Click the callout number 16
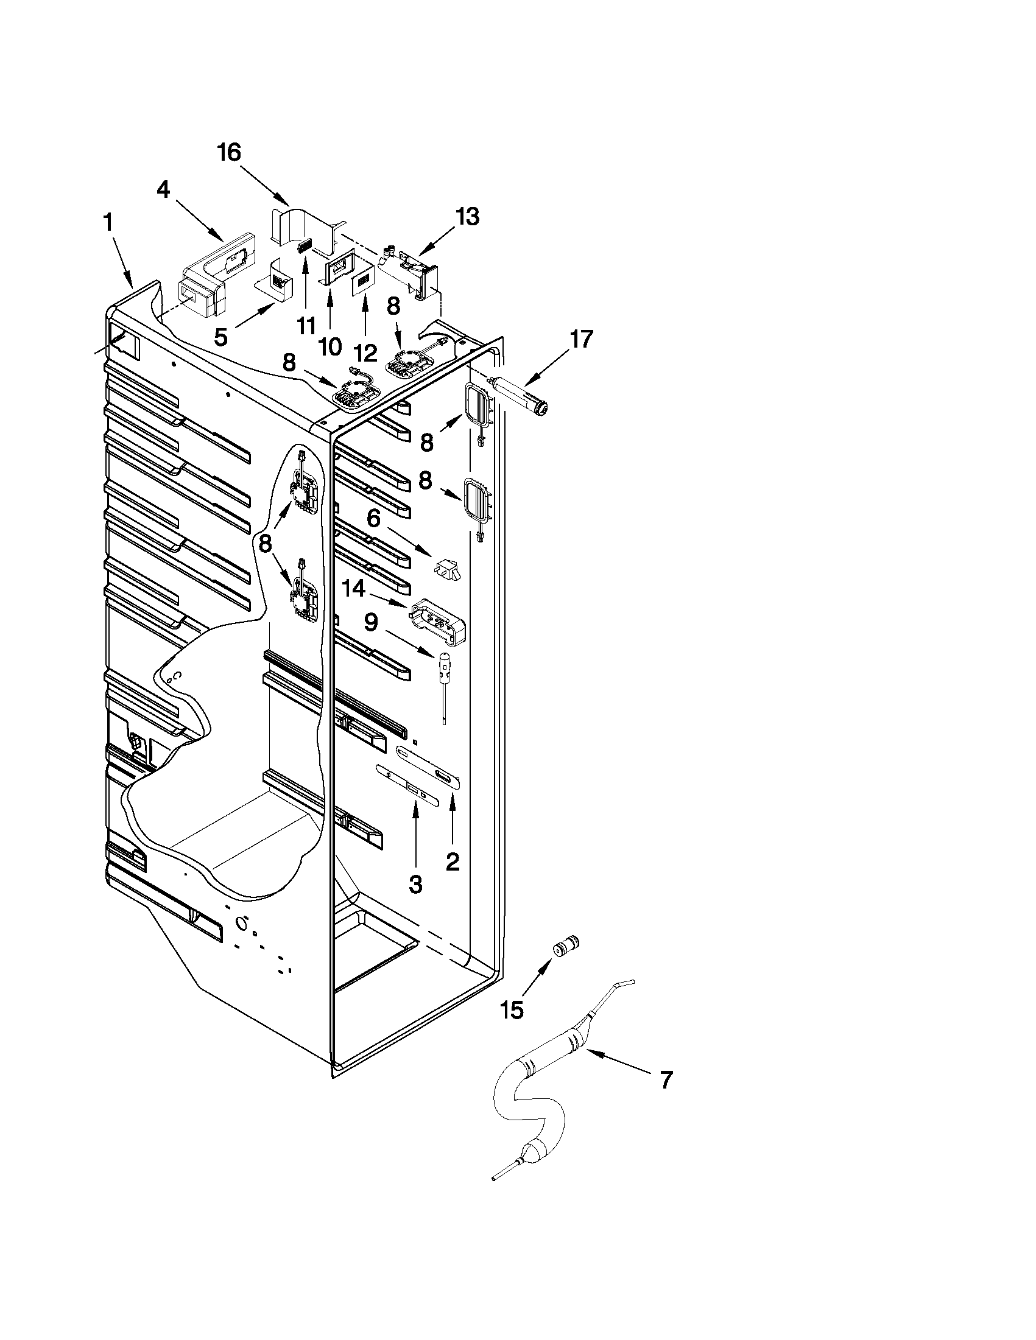click(229, 153)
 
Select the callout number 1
click(108, 223)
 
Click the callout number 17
click(581, 339)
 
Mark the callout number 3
click(415, 884)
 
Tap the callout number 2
click(453, 862)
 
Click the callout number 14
click(353, 589)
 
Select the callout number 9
click(371, 623)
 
